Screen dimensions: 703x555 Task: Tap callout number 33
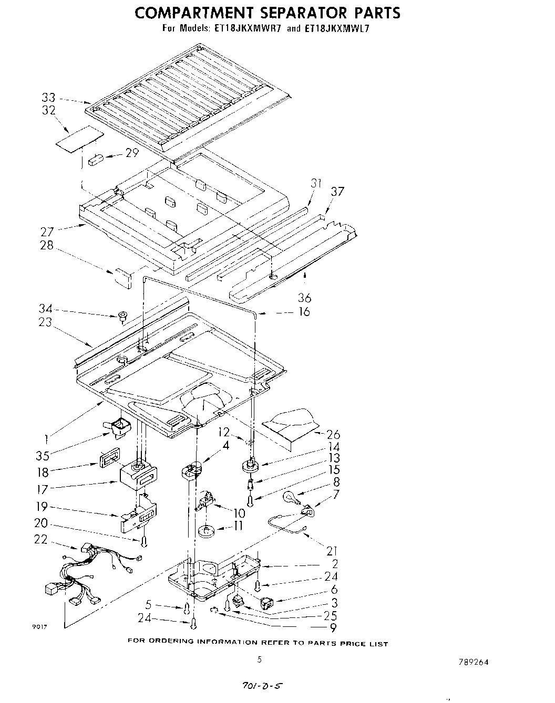click(x=48, y=97)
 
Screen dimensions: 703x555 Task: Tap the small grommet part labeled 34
click(x=122, y=316)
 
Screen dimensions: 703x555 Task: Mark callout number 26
click(x=333, y=435)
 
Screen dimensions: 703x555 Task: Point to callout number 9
click(x=333, y=627)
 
